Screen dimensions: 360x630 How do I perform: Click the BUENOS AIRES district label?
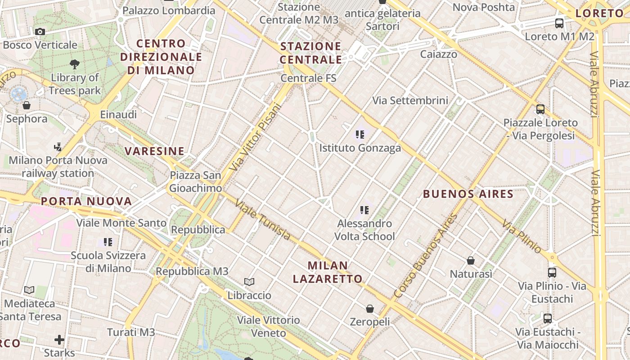(x=468, y=194)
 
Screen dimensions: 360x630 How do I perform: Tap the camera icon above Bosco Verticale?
(x=40, y=31)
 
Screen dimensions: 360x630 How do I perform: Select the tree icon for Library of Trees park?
(x=75, y=64)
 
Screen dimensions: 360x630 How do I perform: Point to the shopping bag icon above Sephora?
(x=27, y=106)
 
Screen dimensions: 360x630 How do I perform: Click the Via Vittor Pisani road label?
(x=255, y=137)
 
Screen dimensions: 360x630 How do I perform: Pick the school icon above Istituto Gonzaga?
(x=360, y=134)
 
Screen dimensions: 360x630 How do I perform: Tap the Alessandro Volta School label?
(x=364, y=229)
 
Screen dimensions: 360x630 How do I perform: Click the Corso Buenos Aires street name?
(x=425, y=256)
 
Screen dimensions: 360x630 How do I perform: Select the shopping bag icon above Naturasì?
(x=471, y=260)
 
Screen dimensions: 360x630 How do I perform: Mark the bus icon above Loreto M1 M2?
(x=559, y=23)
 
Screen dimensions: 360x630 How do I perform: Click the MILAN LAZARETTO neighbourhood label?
(x=328, y=272)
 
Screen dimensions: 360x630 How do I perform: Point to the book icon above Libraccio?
(x=249, y=282)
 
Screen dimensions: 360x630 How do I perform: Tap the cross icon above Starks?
(x=59, y=339)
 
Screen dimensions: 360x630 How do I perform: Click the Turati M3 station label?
(x=131, y=333)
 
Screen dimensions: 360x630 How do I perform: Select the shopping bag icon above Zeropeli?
(x=369, y=309)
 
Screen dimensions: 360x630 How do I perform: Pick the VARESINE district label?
(x=154, y=151)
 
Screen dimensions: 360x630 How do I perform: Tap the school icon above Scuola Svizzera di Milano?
(x=108, y=242)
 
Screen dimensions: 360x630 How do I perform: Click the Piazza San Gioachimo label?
(x=195, y=182)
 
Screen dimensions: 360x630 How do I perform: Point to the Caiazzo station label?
(x=439, y=54)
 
